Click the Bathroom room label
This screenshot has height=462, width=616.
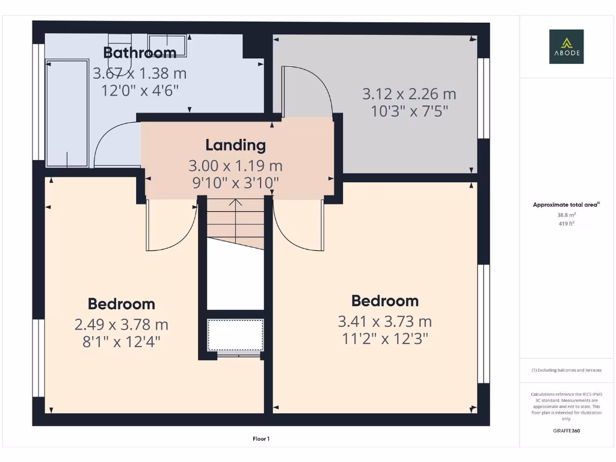[x=140, y=52]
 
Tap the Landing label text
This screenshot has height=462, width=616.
[x=235, y=145]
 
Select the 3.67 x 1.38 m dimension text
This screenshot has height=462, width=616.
[x=140, y=73]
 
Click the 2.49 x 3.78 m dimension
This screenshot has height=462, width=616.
[x=121, y=325]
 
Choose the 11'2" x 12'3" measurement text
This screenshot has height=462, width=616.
[x=384, y=339]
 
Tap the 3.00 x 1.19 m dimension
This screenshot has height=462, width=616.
[x=235, y=165]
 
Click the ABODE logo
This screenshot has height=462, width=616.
[x=566, y=47]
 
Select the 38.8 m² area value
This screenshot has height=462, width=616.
[x=566, y=214]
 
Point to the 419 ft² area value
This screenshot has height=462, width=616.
[x=566, y=223]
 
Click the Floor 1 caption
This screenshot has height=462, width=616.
[x=261, y=439]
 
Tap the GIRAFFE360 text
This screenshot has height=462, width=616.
[x=566, y=431]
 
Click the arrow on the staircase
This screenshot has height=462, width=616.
[x=235, y=203]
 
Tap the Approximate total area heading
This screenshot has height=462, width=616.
[x=566, y=205]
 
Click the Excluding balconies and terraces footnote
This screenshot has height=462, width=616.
[x=566, y=370]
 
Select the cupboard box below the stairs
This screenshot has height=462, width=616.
[x=235, y=335]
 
